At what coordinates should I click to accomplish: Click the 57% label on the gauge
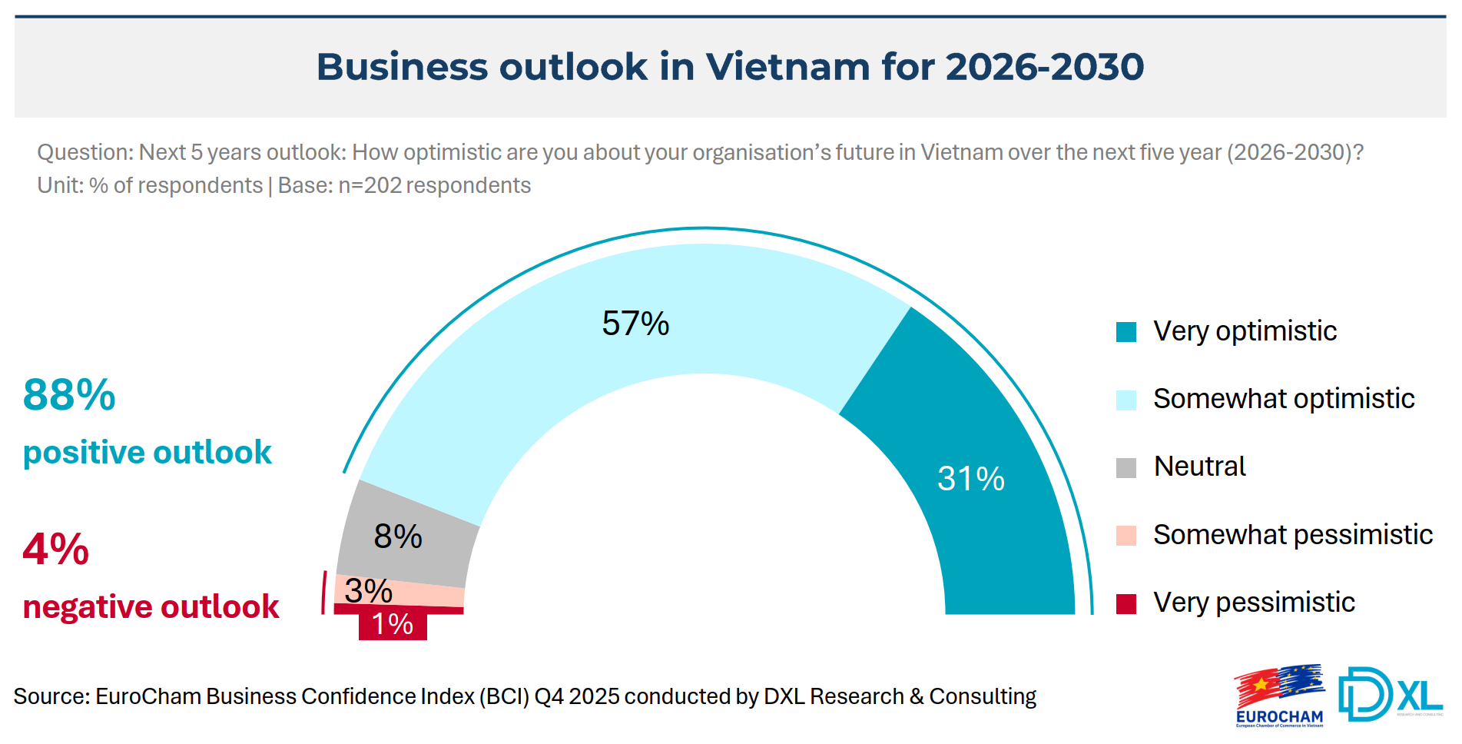[x=635, y=324]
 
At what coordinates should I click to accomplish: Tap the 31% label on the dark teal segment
[x=970, y=479]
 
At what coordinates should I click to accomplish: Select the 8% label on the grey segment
[x=398, y=536]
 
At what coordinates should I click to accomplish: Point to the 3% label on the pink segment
[x=369, y=590]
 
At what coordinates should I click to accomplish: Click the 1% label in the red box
[x=393, y=624]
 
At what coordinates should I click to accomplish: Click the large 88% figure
[x=69, y=395]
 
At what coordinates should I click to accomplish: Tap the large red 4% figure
[x=56, y=550]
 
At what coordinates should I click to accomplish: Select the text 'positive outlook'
[x=148, y=452]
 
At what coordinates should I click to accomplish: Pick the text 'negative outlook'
[x=151, y=606]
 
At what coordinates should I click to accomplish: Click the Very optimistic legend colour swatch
[x=1126, y=332]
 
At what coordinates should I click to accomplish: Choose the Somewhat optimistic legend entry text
[x=1283, y=399]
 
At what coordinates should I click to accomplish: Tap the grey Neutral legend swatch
[x=1126, y=467]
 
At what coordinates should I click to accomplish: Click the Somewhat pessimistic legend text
[x=1292, y=534]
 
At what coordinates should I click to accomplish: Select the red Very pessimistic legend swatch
[x=1126, y=603]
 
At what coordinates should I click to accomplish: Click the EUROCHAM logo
[x=1279, y=696]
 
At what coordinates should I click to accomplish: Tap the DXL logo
[x=1390, y=694]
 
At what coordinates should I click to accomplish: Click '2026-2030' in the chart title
[x=1045, y=67]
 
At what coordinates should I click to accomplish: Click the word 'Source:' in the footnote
[x=51, y=696]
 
